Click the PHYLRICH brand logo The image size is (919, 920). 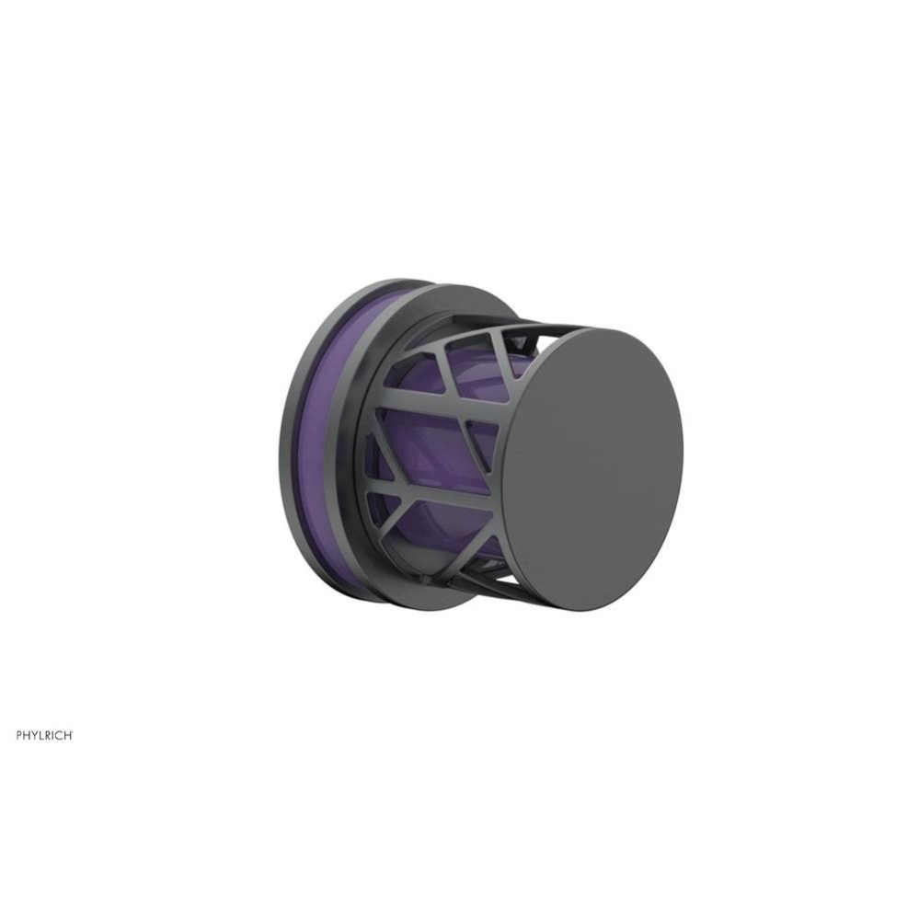tap(44, 735)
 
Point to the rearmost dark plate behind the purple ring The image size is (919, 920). tap(287, 442)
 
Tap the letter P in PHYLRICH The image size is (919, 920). tap(19, 735)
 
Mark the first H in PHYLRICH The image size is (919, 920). tap(27, 735)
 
